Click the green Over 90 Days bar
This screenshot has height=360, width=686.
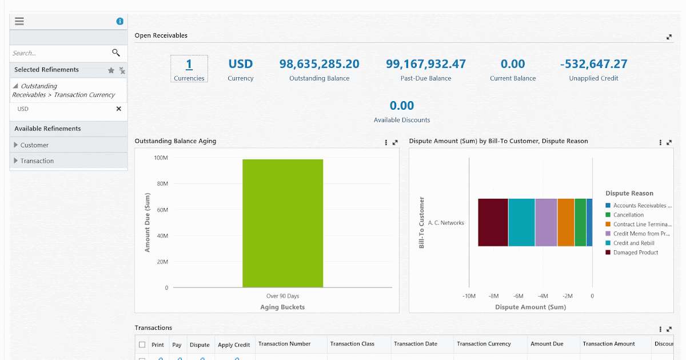tap(282, 223)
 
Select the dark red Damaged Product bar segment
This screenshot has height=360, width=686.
tap(493, 223)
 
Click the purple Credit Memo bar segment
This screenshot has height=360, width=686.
tap(546, 223)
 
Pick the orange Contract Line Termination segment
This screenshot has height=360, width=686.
tap(565, 223)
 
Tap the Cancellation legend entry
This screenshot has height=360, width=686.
tap(628, 215)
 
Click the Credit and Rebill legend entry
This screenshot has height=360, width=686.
tap(633, 243)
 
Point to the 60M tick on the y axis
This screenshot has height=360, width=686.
tap(162, 210)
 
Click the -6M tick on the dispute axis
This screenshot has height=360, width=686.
tap(519, 296)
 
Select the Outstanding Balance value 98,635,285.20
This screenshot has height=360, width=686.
tap(319, 64)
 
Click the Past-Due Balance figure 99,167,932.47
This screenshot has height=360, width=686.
tap(426, 64)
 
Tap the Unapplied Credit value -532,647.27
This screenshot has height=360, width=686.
tap(593, 64)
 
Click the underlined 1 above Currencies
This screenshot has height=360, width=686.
tap(189, 64)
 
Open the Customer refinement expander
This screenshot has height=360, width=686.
tap(16, 145)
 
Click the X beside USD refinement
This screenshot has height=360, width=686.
tap(119, 109)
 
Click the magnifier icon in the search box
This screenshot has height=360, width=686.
tap(116, 53)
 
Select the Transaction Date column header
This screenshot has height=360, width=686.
tap(416, 344)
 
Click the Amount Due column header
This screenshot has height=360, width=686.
tap(547, 344)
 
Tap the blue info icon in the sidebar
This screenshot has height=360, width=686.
tap(120, 21)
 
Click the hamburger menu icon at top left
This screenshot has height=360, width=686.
tap(19, 21)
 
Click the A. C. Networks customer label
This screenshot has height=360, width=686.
tap(445, 223)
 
